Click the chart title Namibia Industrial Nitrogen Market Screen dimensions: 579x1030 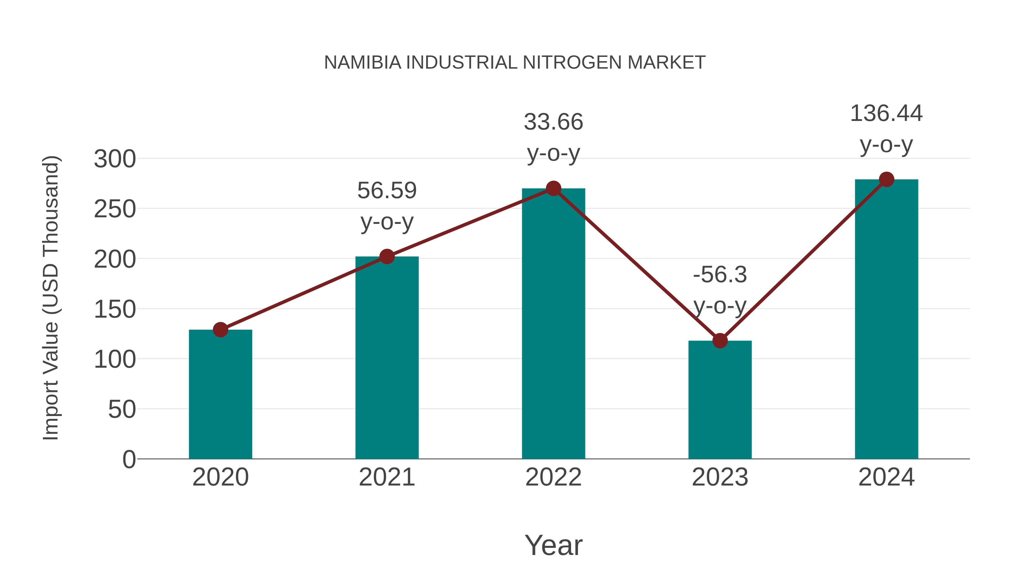[x=515, y=63]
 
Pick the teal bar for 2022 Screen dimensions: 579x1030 [x=553, y=324]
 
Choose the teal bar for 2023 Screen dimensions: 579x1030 [x=720, y=400]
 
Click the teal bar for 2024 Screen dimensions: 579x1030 [x=886, y=320]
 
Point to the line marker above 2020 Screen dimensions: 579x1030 [x=220, y=330]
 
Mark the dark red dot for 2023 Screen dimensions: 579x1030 [x=720, y=341]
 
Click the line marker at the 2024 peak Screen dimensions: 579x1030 [x=886, y=179]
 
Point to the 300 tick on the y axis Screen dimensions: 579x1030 [x=115, y=159]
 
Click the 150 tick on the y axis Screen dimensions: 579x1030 [x=115, y=309]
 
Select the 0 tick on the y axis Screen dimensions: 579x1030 [x=129, y=459]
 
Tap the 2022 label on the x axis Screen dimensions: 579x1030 [x=553, y=477]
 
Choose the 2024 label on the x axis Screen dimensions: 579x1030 [x=886, y=477]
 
